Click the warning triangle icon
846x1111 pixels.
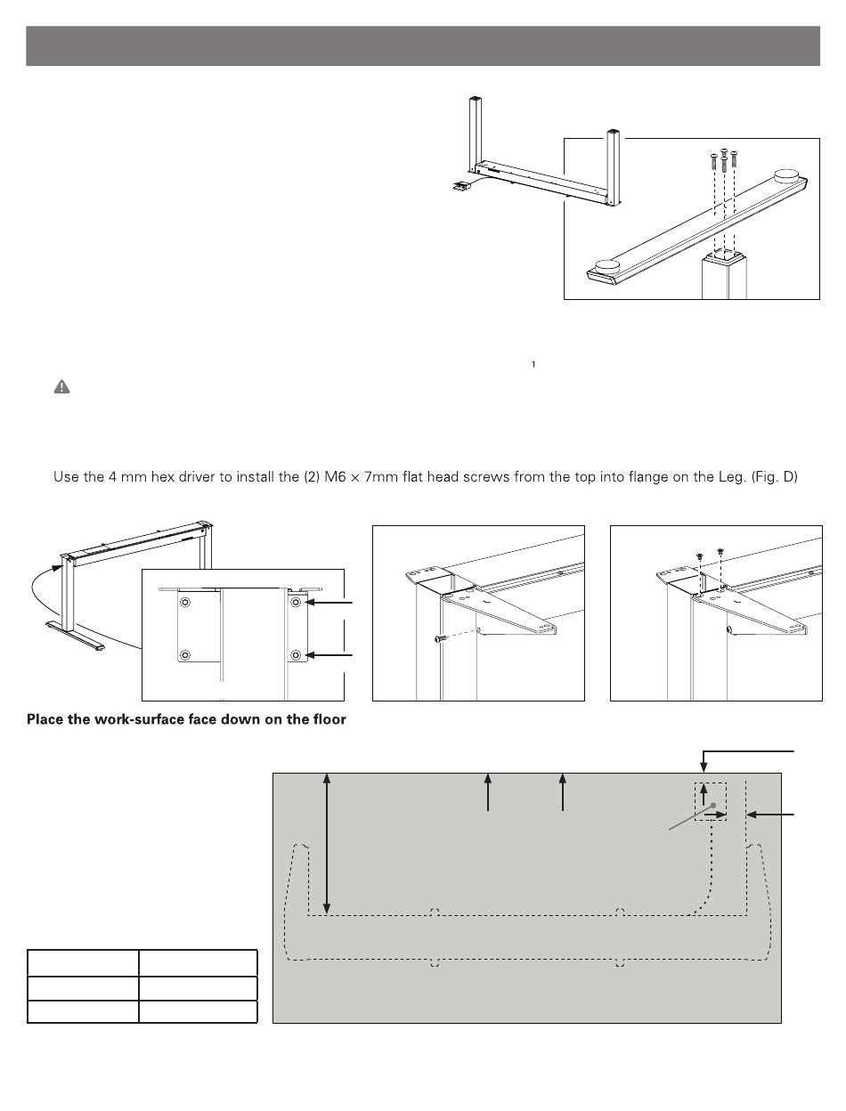click(x=61, y=387)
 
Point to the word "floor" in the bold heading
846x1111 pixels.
click(x=326, y=719)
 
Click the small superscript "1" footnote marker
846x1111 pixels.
click(x=533, y=364)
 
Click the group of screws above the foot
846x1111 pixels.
click(x=723, y=160)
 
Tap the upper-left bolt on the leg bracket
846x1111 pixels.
click(x=184, y=604)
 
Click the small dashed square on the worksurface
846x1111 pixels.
click(x=711, y=801)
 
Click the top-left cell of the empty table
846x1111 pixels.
click(x=83, y=963)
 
